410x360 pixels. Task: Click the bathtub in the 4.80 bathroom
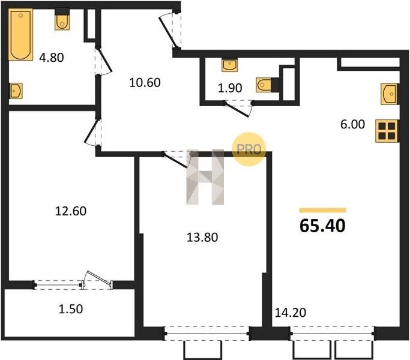pos(20,35)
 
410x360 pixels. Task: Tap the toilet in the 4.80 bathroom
pos(62,19)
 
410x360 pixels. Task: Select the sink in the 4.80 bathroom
pos(16,91)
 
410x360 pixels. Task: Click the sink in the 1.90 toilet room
pos(229,65)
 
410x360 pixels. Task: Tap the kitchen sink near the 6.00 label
pos(390,94)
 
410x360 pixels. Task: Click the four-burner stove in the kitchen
pos(387,131)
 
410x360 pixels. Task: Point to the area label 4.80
pos(52,58)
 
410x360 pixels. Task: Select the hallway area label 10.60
pos(145,83)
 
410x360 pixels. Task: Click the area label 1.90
pos(230,88)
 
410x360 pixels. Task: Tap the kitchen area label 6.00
pos(353,124)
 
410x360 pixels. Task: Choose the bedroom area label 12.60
pos(71,211)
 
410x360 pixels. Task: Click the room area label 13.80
pos(202,238)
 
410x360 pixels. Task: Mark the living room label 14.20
pos(291,313)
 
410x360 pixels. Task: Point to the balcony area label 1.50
pos(71,309)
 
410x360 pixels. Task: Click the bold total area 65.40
pos(323,226)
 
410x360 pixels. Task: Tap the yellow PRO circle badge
pos(249,149)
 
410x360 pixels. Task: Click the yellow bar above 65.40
pos(323,210)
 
